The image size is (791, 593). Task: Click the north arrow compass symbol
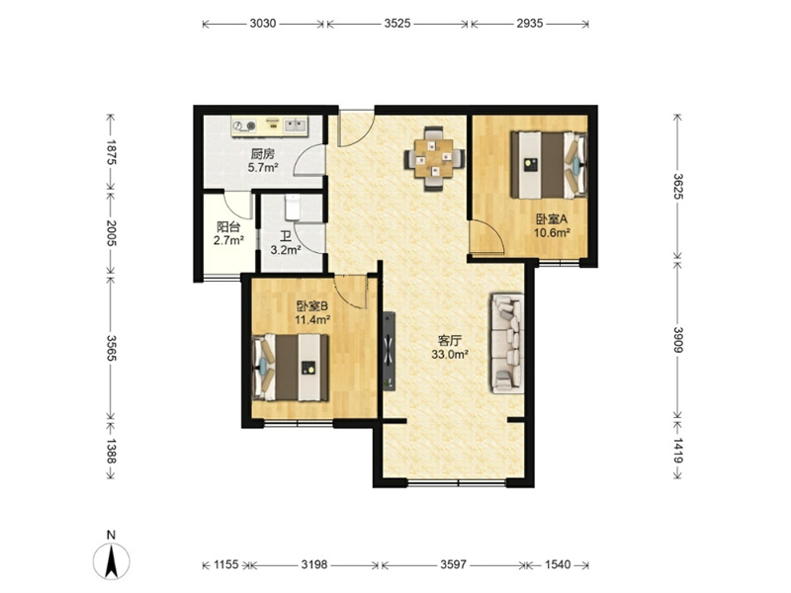112,560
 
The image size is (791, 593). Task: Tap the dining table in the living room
434,159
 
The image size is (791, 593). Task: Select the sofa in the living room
506,343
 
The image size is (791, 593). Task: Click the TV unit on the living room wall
389,352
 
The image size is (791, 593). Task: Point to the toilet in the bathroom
293,208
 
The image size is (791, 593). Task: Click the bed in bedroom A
549,165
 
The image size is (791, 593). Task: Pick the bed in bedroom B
290,368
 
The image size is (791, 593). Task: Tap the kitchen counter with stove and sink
270,127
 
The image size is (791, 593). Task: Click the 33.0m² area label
450,355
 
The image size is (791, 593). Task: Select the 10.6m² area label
552,232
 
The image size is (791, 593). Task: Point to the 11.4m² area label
312,319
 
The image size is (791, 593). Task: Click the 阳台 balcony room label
228,226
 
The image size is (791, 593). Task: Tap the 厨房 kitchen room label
263,154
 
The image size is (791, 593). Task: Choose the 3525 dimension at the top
397,23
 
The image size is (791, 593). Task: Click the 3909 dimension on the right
678,340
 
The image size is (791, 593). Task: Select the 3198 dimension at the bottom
314,564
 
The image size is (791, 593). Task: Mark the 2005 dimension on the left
111,233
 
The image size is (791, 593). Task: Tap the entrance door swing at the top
356,129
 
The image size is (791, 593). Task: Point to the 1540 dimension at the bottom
558,564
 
